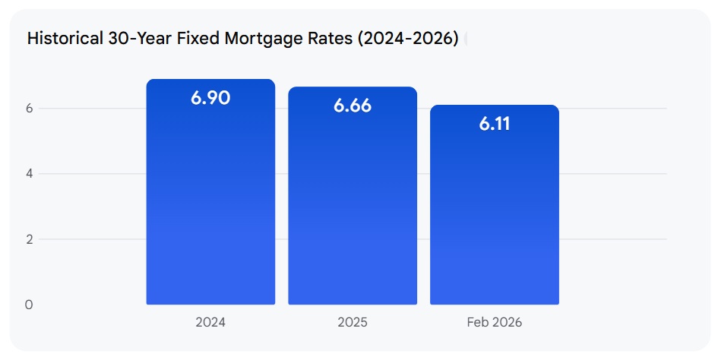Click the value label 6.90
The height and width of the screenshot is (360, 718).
coord(210,97)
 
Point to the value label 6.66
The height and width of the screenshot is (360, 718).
coord(353,106)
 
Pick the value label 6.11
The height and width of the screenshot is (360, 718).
coord(495,124)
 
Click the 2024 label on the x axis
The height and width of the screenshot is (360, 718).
coord(210,322)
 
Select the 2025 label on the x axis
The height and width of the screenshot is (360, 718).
coord(353,322)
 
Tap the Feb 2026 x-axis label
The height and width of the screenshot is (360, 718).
coord(495,322)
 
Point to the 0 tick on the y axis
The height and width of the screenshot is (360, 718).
coord(30,305)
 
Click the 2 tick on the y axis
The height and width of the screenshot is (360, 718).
coord(30,239)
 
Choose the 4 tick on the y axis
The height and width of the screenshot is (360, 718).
coord(30,174)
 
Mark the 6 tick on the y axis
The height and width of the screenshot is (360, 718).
coord(30,109)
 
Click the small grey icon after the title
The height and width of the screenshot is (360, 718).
coord(466,39)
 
